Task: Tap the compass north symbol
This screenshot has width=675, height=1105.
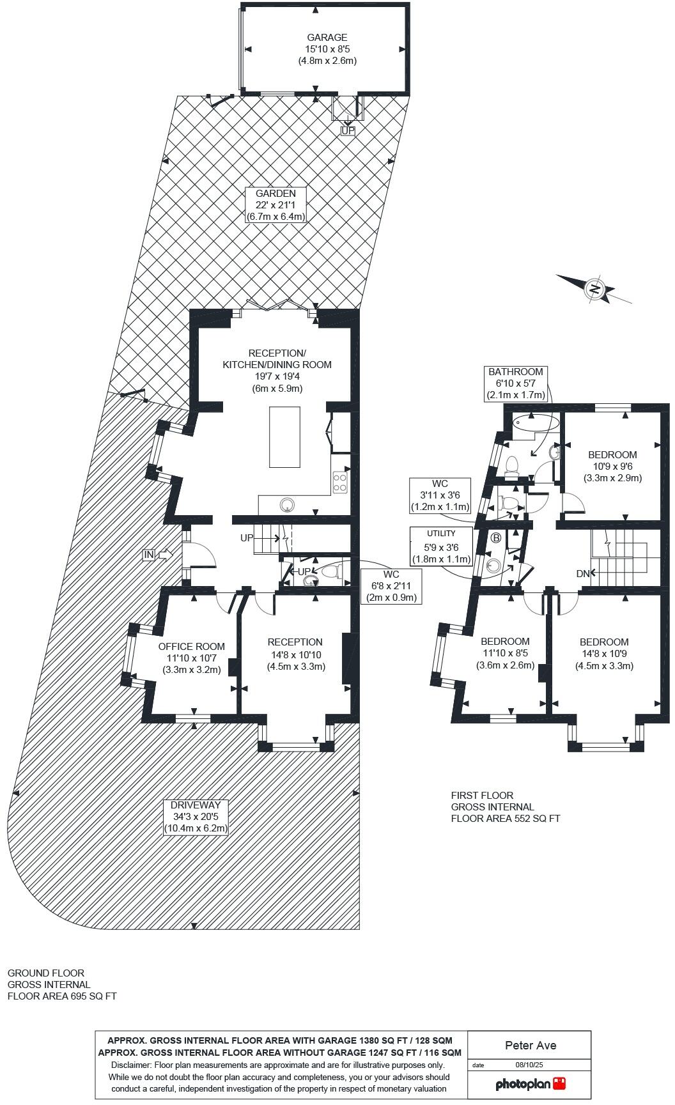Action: pos(595,289)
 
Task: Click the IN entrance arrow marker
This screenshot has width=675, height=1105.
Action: pos(148,555)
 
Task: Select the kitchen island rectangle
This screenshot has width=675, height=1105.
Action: pos(284,437)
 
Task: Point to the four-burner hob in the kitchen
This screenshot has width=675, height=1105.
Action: pos(340,482)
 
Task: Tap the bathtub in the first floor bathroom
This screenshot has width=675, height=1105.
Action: pos(536,422)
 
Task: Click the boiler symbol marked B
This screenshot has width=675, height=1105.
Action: pos(496,537)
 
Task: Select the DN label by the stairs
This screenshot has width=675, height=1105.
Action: pos(582,574)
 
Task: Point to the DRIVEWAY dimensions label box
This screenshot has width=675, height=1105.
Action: pos(196,817)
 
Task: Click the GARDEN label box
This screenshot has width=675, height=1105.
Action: pos(275,205)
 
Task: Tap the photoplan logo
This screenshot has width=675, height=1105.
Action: pos(531,1084)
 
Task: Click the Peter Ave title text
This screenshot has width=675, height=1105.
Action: pos(530,1046)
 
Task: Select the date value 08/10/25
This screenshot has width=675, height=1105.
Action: pos(529,1065)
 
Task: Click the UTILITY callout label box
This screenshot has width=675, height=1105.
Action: pos(441,545)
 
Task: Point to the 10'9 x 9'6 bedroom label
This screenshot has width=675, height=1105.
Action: pos(612,466)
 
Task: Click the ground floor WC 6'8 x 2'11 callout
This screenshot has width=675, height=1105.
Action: pos(391,586)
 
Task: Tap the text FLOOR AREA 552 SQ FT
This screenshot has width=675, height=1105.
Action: pos(505,818)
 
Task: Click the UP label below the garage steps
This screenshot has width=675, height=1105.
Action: pos(348,130)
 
